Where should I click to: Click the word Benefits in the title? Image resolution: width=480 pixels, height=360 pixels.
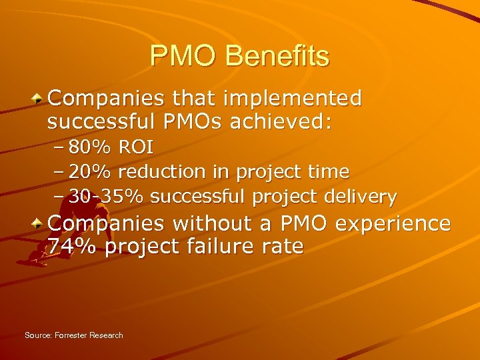point(277,56)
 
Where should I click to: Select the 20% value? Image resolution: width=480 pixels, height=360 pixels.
point(91,172)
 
